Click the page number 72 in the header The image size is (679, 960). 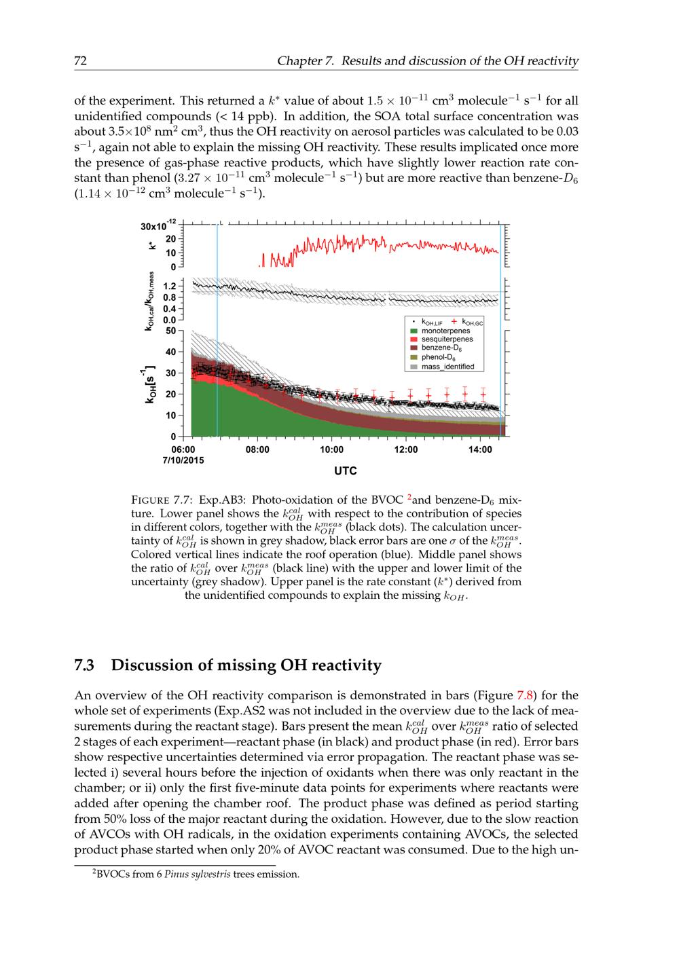point(80,61)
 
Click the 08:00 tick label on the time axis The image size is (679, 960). point(257,449)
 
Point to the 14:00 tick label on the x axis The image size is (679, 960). point(480,449)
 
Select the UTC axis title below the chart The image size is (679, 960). point(345,470)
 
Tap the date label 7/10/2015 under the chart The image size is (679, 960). point(183,460)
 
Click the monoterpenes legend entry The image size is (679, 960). point(445,331)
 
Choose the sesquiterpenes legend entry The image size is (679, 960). point(447,339)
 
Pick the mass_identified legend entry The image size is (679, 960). point(448,367)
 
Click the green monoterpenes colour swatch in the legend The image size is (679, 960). point(413,331)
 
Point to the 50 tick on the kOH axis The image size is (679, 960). point(170,331)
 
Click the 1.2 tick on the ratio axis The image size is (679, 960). point(170,286)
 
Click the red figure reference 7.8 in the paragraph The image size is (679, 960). point(526,695)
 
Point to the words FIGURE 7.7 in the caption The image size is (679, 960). point(156,500)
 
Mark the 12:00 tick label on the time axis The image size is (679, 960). point(406,449)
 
